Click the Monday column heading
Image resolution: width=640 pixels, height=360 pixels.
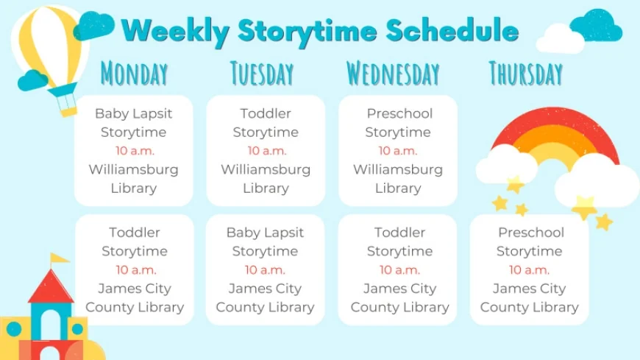134,74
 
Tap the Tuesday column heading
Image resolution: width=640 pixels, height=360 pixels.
262,74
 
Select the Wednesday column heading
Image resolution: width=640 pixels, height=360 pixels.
393,74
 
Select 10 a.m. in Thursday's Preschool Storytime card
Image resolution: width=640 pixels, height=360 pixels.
529,270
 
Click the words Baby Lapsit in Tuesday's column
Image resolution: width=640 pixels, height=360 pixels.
265,233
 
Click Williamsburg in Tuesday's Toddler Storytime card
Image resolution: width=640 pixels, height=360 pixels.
266,169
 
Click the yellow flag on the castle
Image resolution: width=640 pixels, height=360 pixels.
59,258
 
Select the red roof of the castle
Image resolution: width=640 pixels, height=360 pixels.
51,287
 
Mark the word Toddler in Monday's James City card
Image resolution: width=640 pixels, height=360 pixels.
135,233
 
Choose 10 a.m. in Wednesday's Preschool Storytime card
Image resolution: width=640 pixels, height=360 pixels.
397,151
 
